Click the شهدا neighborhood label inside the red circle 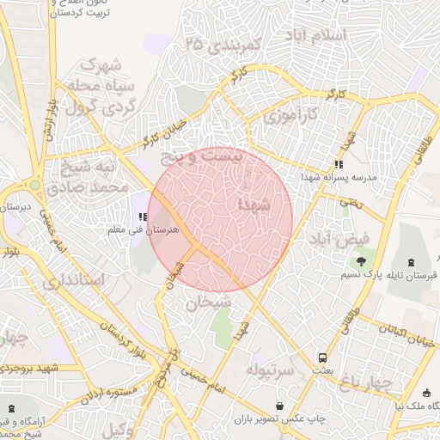(259, 205)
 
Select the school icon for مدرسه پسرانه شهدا (339, 164)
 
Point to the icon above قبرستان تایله (409, 262)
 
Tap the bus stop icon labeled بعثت (321, 357)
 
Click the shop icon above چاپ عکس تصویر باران (280, 406)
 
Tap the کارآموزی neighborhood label (289, 114)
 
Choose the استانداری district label (72, 280)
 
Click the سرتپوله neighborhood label (271, 370)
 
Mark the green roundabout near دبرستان (34, 185)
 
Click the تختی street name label (350, 204)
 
